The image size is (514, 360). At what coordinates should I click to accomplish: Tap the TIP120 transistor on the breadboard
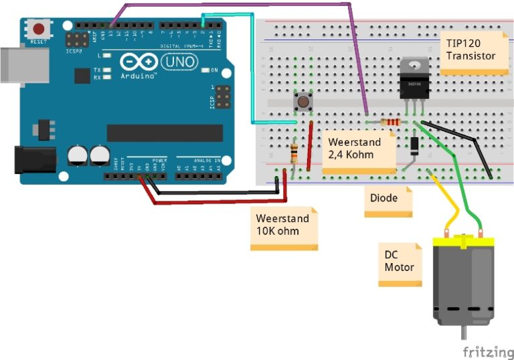click(414, 81)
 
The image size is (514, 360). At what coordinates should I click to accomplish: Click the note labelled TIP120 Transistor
click(471, 50)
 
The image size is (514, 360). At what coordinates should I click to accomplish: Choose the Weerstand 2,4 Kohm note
click(358, 151)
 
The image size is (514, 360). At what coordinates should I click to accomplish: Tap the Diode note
click(386, 200)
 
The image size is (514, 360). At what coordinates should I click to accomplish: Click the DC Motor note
click(400, 263)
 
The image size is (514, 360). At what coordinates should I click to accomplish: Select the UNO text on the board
click(181, 62)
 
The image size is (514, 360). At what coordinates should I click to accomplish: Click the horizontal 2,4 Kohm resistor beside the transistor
click(390, 122)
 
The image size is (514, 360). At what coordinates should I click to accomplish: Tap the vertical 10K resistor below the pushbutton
click(294, 154)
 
